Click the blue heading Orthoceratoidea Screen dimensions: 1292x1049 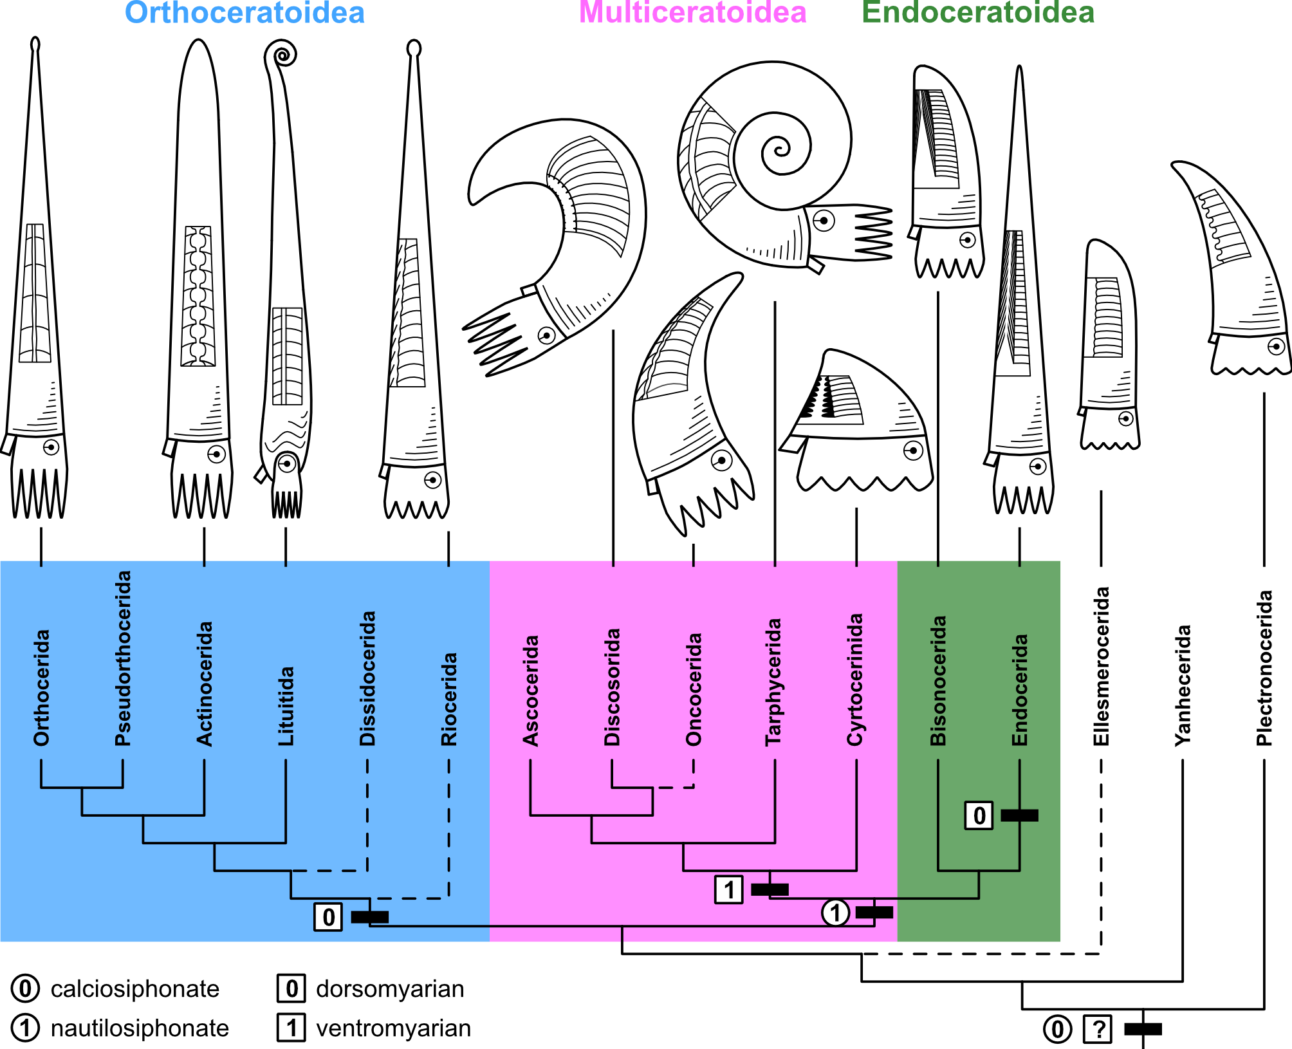point(245,12)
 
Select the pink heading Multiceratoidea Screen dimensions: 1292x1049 point(692,12)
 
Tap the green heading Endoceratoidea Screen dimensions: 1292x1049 point(978,12)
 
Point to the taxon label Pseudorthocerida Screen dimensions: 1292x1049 point(123,658)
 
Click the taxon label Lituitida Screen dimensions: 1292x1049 point(286,706)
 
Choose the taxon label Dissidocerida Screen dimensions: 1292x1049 point(367,678)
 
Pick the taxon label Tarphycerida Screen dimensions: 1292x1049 point(774,682)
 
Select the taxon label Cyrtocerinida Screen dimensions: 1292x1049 point(856,680)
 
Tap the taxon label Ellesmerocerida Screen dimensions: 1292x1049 point(1102,666)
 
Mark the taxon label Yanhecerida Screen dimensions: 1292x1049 point(1183,685)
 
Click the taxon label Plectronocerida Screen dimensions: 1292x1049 point(1264,668)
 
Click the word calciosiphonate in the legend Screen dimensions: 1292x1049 point(135,989)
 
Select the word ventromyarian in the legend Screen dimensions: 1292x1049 point(393,1028)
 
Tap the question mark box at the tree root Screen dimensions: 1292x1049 point(1098,1029)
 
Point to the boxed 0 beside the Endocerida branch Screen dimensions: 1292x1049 point(979,815)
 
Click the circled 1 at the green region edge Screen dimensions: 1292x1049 point(835,913)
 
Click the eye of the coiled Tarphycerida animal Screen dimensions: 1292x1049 point(824,221)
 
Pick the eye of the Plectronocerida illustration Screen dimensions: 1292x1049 point(1277,346)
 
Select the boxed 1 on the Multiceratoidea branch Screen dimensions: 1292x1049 point(728,889)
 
